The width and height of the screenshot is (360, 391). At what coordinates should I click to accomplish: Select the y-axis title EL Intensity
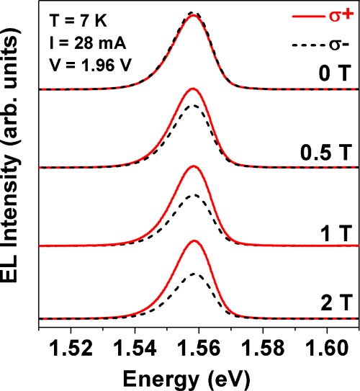[14, 166]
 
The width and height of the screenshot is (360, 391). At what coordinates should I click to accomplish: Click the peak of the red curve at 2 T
[193, 241]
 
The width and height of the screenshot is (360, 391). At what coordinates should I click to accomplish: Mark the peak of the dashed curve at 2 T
[193, 274]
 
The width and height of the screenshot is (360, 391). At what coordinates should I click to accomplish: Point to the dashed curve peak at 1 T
[192, 195]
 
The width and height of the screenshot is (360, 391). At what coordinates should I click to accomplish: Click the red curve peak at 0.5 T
[192, 89]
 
